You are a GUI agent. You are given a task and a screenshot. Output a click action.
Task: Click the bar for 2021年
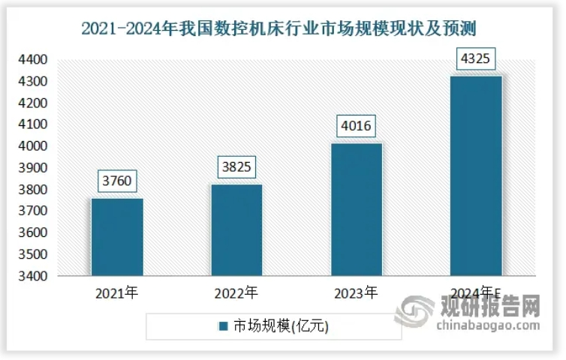[117, 237]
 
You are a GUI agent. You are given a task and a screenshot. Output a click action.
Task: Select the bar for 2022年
[236, 230]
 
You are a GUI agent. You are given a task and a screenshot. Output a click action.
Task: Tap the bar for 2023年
[356, 209]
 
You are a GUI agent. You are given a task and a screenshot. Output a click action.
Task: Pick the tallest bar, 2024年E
[475, 175]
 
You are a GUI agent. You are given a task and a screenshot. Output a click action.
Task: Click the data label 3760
[117, 181]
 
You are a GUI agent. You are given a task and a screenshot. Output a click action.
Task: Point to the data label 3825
[236, 167]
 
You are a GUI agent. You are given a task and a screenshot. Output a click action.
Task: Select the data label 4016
[356, 125]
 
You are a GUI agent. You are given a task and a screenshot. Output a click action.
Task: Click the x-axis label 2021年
[117, 292]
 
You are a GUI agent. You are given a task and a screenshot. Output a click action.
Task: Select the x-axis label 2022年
[236, 292]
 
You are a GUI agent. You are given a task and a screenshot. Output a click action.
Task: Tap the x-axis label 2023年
[356, 292]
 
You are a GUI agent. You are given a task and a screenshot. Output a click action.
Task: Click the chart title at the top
[278, 28]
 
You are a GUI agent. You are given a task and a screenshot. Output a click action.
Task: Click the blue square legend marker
[223, 326]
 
